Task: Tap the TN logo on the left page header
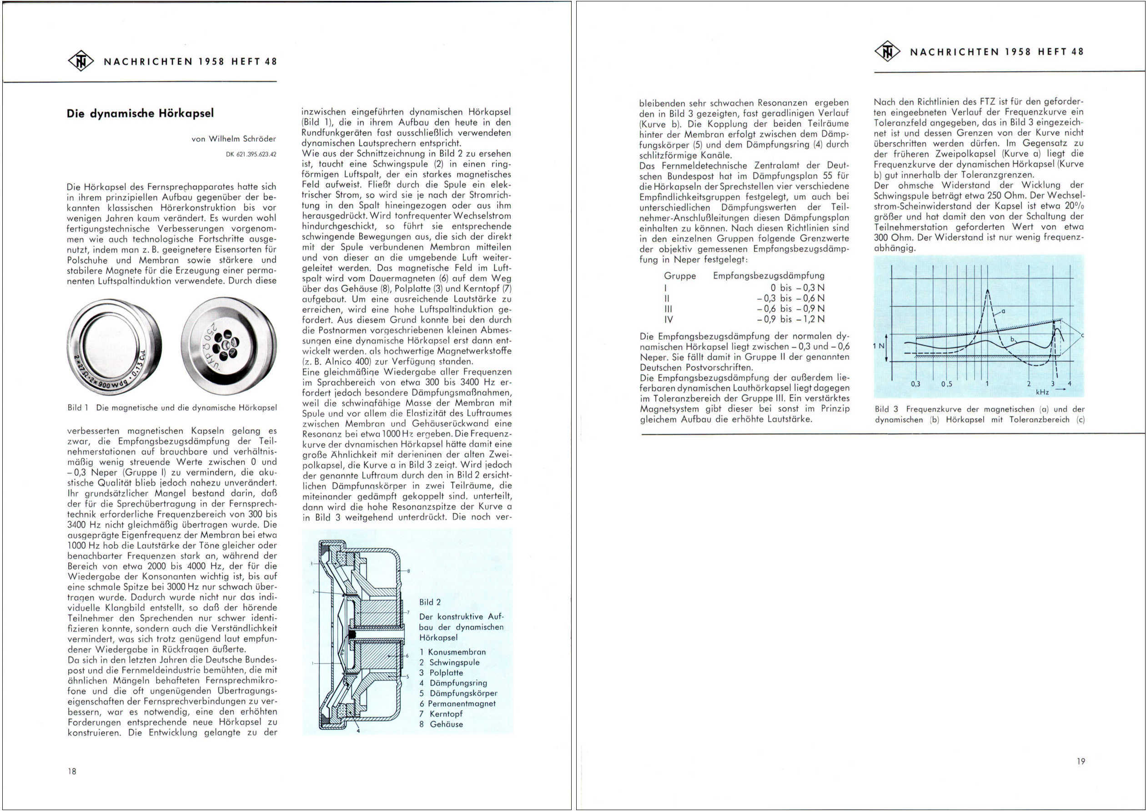[80, 61]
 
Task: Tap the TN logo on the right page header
[887, 51]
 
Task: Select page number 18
[72, 771]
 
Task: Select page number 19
[1081, 761]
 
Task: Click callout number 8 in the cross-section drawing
[409, 571]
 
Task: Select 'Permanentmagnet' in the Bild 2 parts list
[462, 704]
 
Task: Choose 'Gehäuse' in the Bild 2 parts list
[446, 724]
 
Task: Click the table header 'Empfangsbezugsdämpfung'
[769, 275]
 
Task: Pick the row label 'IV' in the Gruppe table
[668, 320]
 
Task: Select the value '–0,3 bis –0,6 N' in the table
[790, 298]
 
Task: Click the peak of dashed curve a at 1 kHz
[987, 290]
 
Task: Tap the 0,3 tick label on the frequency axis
[915, 384]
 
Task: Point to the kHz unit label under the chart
[1042, 392]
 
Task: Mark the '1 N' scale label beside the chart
[878, 345]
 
